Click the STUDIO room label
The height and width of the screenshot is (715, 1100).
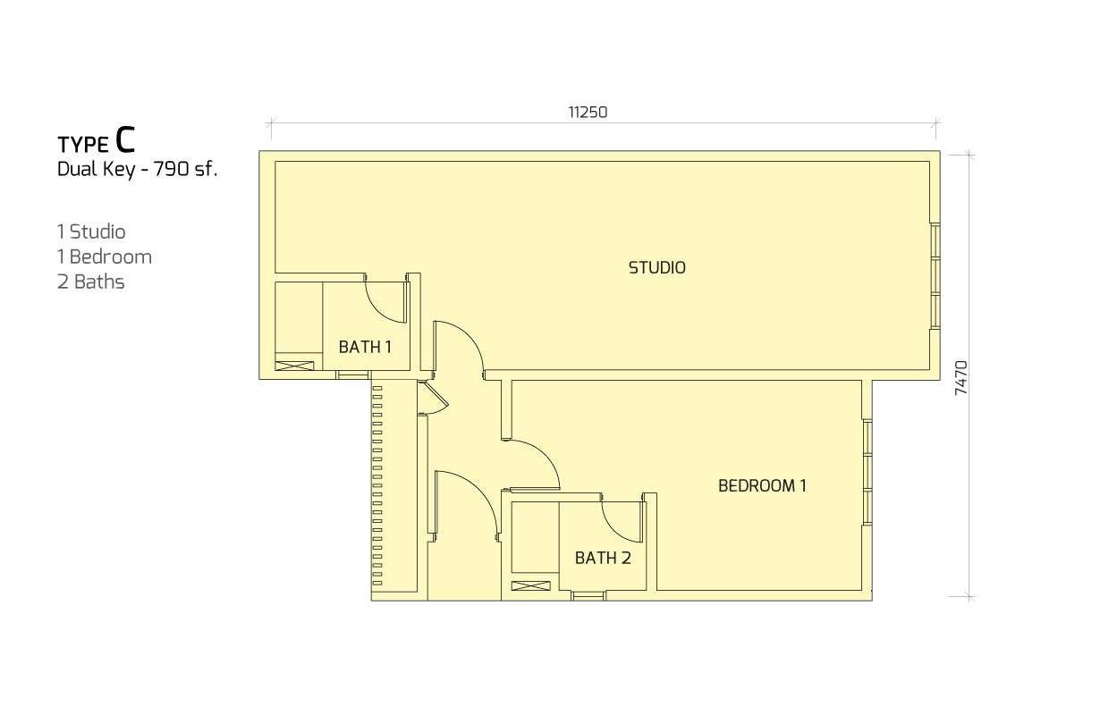pos(656,267)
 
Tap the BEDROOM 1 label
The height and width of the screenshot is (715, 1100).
pos(762,486)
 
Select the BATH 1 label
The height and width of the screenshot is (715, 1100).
pos(365,347)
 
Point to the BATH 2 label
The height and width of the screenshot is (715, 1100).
pos(603,558)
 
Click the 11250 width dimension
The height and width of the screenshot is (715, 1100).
pos(588,113)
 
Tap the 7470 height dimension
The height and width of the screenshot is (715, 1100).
pos(961,378)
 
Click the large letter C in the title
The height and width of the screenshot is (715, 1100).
pos(124,139)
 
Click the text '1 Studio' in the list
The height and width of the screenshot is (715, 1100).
pos(91,231)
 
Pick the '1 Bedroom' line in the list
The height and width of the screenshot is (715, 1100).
pos(105,257)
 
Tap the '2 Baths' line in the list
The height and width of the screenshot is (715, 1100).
pos(91,282)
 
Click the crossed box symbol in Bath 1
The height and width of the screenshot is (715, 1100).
pos(294,366)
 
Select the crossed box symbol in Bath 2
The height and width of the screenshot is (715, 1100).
pos(531,585)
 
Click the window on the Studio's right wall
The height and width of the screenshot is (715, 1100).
pos(935,276)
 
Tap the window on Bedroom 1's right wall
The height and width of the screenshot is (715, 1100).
pos(867,472)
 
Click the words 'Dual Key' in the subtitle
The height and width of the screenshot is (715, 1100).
pos(97,169)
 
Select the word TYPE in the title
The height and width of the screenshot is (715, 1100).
pos(83,145)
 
